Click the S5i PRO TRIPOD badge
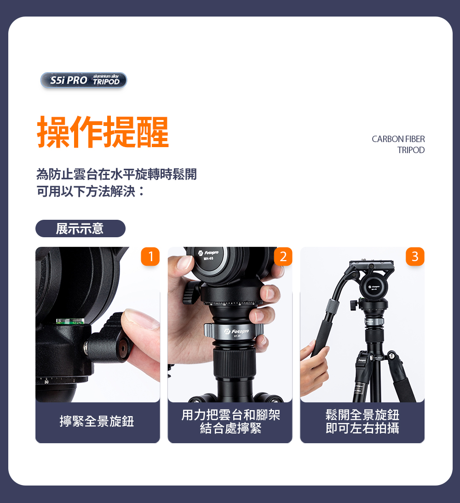pos(84,80)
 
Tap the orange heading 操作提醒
pos(103,132)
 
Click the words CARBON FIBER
pos(398,139)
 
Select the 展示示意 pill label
pos(80,229)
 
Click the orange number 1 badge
pos(150,256)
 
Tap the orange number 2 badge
pos(283,256)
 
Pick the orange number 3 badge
pos(415,256)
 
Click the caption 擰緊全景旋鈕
pos(97,421)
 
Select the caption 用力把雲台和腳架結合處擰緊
pos(230,422)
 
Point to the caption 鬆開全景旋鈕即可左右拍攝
pos(362,422)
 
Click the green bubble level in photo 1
pos(70,321)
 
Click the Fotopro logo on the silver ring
pos(237,332)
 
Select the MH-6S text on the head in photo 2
pos(208,258)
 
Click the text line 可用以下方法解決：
pos(91,192)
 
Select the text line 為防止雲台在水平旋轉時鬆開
pos(116,174)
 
